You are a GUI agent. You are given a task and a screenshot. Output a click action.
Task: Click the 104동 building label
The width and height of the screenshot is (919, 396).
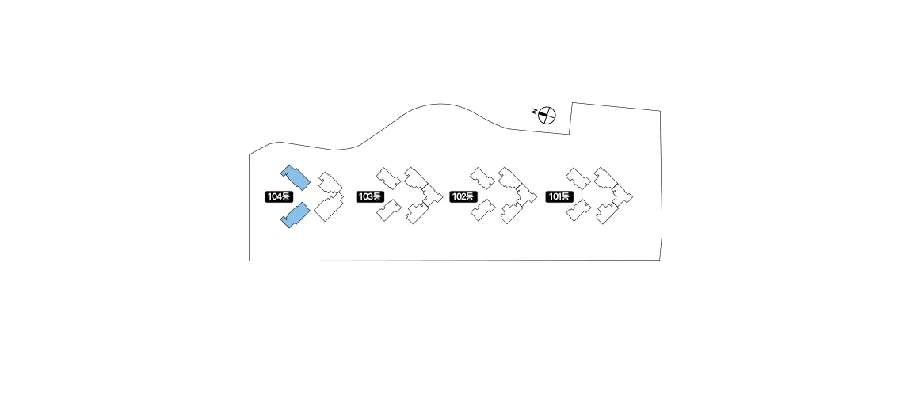click(x=278, y=197)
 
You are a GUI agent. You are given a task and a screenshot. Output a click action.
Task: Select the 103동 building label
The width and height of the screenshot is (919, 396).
click(x=370, y=197)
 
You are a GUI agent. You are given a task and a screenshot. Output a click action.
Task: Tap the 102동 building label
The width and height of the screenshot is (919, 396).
click(x=463, y=197)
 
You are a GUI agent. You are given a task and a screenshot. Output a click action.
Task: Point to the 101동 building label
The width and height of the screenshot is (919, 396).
click(x=559, y=197)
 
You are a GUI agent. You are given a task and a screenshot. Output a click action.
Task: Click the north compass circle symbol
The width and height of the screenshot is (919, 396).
click(x=547, y=116)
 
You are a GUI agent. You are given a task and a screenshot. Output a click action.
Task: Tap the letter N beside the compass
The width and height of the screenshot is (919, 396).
click(x=534, y=112)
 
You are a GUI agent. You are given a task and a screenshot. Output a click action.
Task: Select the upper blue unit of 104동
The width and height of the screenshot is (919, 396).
click(x=295, y=177)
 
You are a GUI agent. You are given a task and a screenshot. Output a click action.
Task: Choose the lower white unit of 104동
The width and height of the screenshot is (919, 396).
click(x=329, y=208)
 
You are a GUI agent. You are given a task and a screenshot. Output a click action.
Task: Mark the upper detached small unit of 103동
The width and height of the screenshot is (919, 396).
click(x=388, y=178)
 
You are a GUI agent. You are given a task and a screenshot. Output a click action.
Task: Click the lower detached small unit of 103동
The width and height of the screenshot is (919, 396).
click(x=388, y=211)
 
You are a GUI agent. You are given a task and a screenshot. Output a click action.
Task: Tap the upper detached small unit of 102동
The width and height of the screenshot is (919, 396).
click(x=483, y=178)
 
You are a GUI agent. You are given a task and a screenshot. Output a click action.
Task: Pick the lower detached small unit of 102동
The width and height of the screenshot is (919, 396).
click(x=483, y=211)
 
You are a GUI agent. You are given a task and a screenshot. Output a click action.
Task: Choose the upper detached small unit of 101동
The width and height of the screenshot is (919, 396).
click(x=578, y=178)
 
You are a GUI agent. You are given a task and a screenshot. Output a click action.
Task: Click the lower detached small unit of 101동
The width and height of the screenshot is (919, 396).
click(x=578, y=211)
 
